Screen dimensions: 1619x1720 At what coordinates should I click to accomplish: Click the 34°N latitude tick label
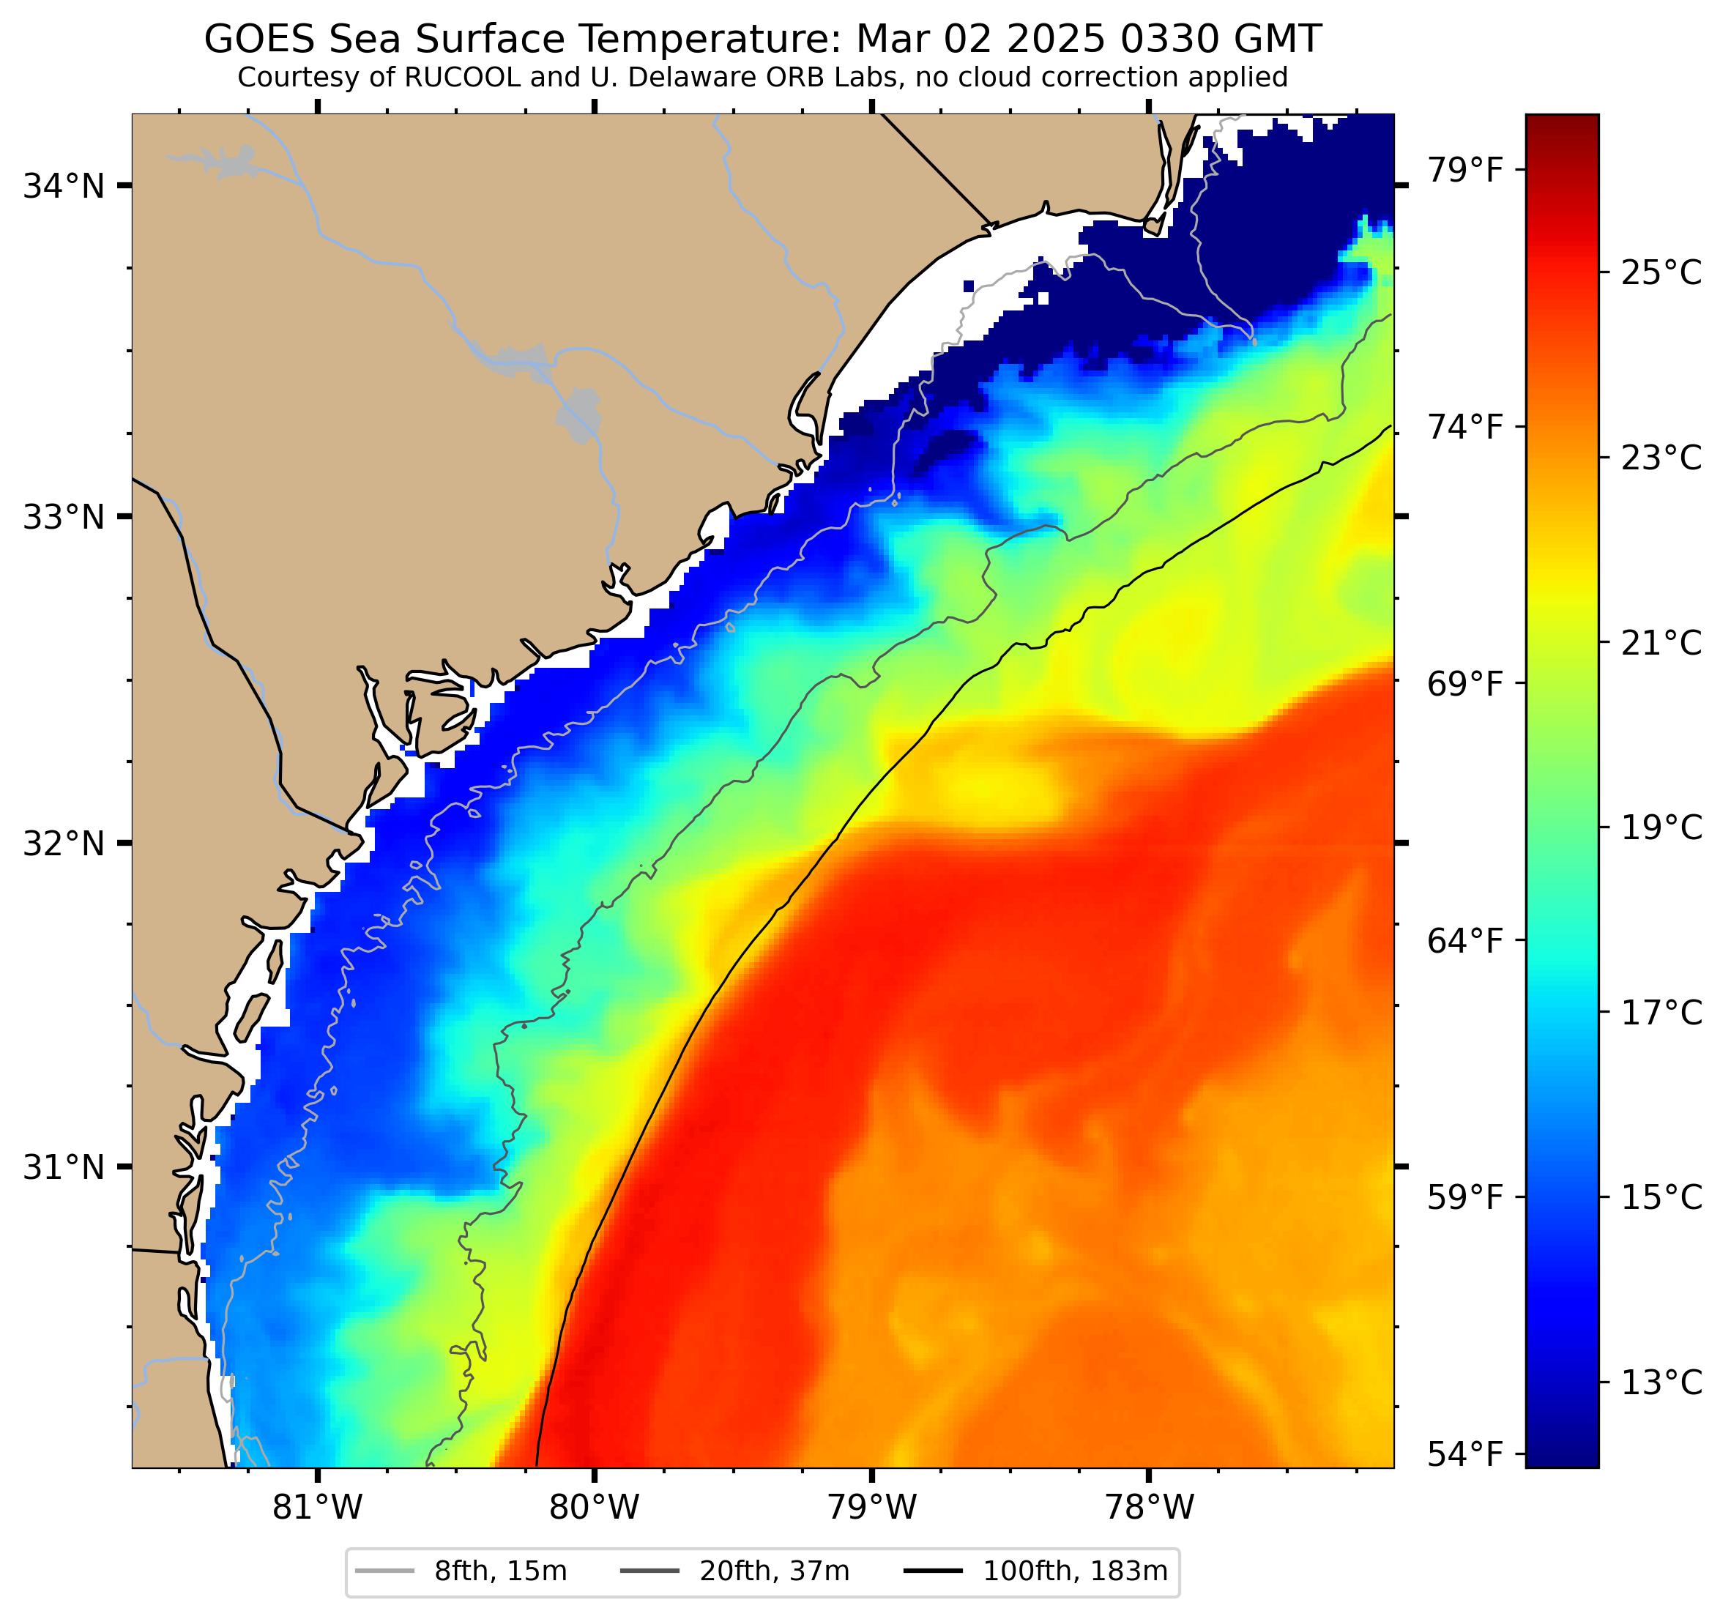[63, 186]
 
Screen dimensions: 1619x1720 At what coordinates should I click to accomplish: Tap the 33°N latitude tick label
[63, 518]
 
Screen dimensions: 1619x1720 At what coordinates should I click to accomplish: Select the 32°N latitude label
[63, 843]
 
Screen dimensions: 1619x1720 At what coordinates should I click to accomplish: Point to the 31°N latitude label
[63, 1167]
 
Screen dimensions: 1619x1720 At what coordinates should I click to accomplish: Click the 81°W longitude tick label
[318, 1508]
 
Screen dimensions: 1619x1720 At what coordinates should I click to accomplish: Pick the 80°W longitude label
[595, 1508]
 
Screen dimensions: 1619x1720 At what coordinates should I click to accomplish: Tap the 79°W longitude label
[871, 1508]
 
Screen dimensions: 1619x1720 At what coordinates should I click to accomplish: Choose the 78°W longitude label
[1149, 1508]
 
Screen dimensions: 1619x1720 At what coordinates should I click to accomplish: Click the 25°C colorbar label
[1660, 273]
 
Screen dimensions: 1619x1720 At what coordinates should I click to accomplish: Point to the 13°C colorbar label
[1660, 1384]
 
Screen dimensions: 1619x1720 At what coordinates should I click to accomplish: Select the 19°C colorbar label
[1660, 829]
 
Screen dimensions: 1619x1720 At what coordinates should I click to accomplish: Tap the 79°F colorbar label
[1464, 171]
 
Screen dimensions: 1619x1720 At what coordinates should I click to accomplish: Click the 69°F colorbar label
[1464, 684]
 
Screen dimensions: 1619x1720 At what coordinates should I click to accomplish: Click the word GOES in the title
[253, 40]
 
